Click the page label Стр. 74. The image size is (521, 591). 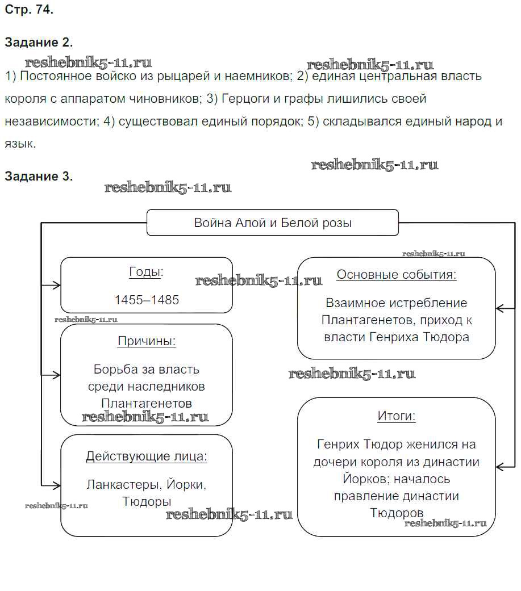point(29,9)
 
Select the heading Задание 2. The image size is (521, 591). point(39,43)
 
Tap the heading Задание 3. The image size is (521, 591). point(39,177)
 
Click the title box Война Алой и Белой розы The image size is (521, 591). point(273,223)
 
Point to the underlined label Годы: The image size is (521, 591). point(146,272)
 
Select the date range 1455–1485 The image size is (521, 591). point(147,300)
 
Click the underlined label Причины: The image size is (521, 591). point(147,341)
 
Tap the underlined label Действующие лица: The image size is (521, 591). point(147,456)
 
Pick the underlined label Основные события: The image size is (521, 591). point(397,275)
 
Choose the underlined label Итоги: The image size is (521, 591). point(397,416)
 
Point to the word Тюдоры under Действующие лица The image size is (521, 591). point(147,502)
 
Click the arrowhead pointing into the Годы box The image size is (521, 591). point(56,285)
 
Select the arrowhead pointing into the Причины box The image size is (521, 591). point(56,375)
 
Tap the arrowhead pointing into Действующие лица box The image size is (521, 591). point(56,485)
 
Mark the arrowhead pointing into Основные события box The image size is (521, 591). point(501,308)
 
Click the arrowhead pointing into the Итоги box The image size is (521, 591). point(501,466)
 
